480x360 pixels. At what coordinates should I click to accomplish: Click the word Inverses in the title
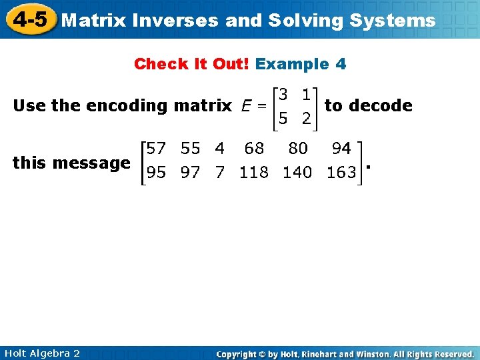[x=175, y=21]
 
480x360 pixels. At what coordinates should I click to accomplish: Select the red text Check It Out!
[x=191, y=64]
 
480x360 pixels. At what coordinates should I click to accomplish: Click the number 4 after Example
[x=341, y=64]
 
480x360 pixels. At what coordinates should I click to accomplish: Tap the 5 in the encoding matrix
[x=283, y=119]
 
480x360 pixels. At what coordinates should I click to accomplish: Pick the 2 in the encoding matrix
[x=305, y=119]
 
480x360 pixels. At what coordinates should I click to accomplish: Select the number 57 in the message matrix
[x=157, y=147]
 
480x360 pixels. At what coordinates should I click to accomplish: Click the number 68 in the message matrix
[x=254, y=147]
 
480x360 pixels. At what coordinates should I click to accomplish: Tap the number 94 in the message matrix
[x=341, y=147]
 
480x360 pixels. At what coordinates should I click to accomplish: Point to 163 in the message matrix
[x=341, y=173]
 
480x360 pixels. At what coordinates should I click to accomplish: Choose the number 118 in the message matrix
[x=254, y=173]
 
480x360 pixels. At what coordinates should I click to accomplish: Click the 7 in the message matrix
[x=220, y=173]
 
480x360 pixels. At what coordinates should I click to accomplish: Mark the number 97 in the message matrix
[x=190, y=173]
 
